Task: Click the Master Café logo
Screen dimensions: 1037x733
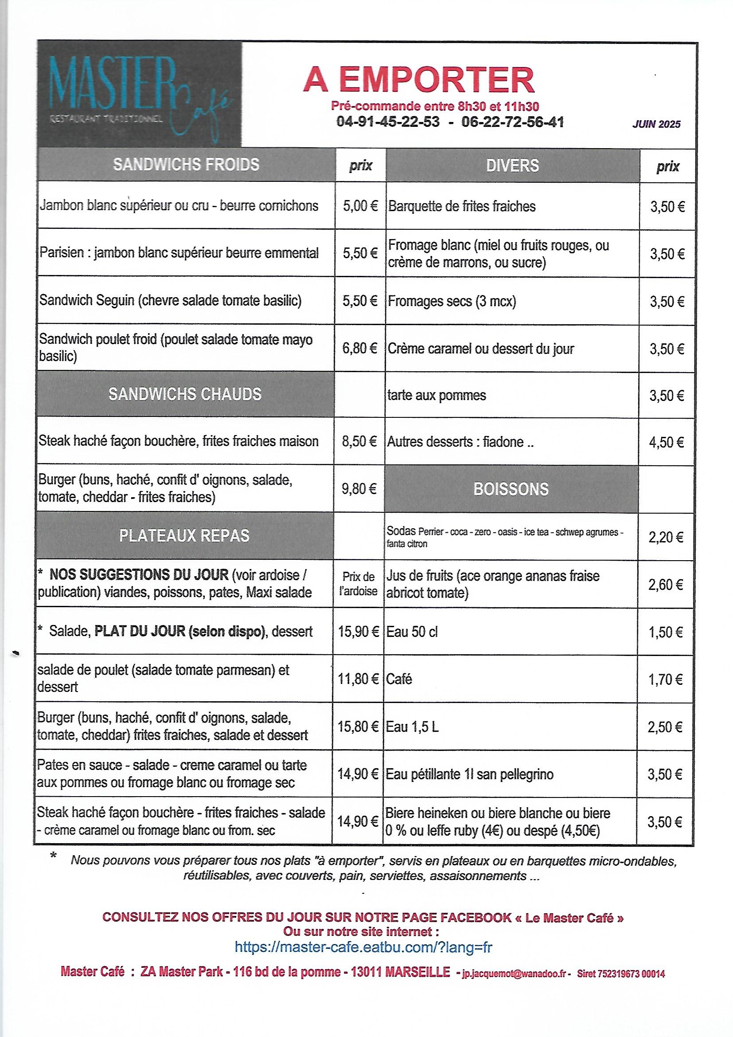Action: click(140, 94)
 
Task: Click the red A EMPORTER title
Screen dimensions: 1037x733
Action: click(419, 80)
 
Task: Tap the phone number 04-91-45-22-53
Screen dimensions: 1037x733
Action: click(388, 122)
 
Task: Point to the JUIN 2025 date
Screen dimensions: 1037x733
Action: click(656, 124)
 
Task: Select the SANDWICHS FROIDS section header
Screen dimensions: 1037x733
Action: click(186, 165)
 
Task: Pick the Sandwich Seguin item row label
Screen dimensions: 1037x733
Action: click(171, 301)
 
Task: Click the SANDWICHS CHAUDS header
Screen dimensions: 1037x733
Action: click(185, 394)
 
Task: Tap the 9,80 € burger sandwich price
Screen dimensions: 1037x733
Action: click(359, 489)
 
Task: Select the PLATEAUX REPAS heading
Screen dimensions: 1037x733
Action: click(184, 536)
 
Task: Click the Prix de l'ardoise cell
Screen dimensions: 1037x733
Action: click(359, 584)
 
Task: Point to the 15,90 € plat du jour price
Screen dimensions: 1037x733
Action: click(359, 632)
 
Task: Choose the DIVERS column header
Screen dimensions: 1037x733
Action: click(512, 166)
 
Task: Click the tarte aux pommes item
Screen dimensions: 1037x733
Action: click(437, 396)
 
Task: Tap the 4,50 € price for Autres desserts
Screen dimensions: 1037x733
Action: click(667, 442)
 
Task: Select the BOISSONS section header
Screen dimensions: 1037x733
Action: click(511, 489)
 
